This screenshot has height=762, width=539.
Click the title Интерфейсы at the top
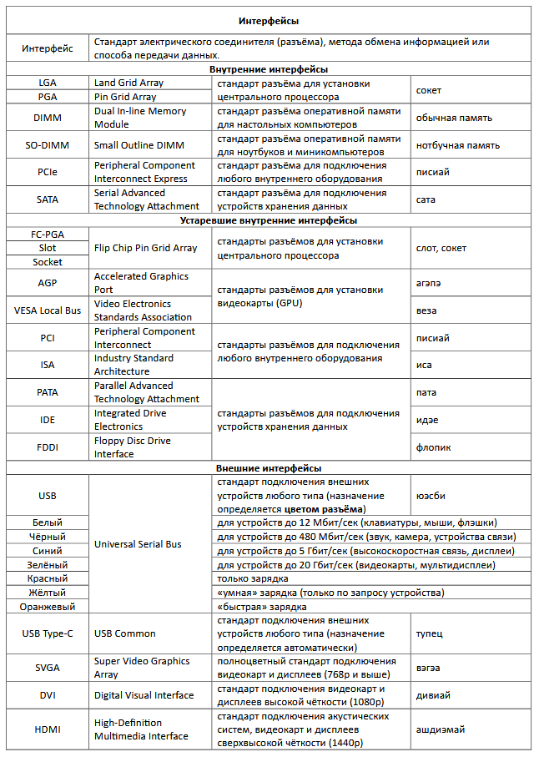coord(269,20)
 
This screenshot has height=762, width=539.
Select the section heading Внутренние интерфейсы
coord(269,69)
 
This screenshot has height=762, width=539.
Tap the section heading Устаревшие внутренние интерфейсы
coord(269,220)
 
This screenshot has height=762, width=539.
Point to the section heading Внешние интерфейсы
coord(269,468)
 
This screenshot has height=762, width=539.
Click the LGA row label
coord(48,83)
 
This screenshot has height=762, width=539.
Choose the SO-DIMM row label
coord(48,145)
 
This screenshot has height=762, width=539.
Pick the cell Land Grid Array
coord(129,83)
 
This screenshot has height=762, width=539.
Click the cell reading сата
coord(426,200)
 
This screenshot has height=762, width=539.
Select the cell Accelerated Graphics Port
coord(141,283)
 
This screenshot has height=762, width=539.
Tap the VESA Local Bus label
coord(48,310)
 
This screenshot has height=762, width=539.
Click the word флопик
coord(433,447)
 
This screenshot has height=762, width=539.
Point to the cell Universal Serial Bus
coord(138,544)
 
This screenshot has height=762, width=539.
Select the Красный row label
coord(48,578)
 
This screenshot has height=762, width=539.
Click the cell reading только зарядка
coord(253,578)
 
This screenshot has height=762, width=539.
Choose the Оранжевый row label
coord(48,607)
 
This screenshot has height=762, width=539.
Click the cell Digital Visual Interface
coord(144,695)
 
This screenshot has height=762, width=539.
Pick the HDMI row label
coord(48,729)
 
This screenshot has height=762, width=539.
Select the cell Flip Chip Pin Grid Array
coord(146,248)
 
